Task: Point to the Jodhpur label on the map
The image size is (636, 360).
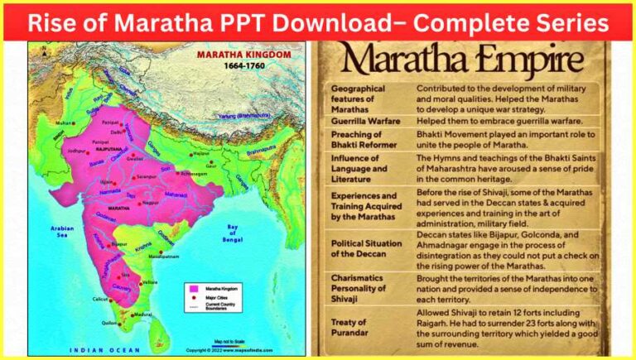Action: pos(77,151)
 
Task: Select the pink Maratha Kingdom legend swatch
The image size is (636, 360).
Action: pos(192,286)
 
